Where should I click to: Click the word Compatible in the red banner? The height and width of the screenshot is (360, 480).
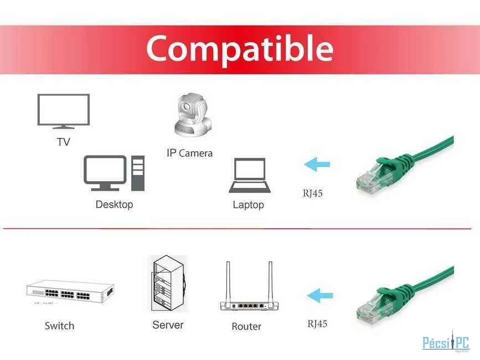coord(240,49)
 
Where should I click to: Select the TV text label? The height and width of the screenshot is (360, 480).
coord(63,142)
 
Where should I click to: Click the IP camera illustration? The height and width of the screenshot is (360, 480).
coord(193,115)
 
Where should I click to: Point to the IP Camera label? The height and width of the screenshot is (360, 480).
coord(189,153)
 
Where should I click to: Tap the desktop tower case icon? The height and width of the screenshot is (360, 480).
coord(138,173)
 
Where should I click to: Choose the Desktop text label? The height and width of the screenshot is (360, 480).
coord(114,204)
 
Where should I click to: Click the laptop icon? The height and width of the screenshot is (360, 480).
coord(250,176)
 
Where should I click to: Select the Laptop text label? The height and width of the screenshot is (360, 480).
coord(248,205)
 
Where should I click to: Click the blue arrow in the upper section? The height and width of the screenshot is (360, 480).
coord(317,164)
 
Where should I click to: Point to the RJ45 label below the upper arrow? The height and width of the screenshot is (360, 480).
coord(313,193)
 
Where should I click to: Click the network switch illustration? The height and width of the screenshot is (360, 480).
coord(70,291)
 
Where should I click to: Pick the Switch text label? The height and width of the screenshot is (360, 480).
coord(59,326)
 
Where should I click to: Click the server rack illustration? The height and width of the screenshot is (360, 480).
coord(168,284)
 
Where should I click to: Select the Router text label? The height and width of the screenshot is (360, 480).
coord(246,326)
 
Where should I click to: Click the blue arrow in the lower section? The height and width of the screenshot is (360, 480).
coord(319,296)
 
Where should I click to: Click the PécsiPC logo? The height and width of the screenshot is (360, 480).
coord(446,342)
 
